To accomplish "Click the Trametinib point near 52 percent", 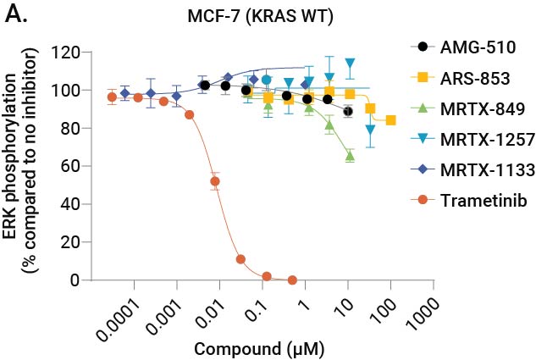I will coord(215,181).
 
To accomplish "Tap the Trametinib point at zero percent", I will coord(292,280).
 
